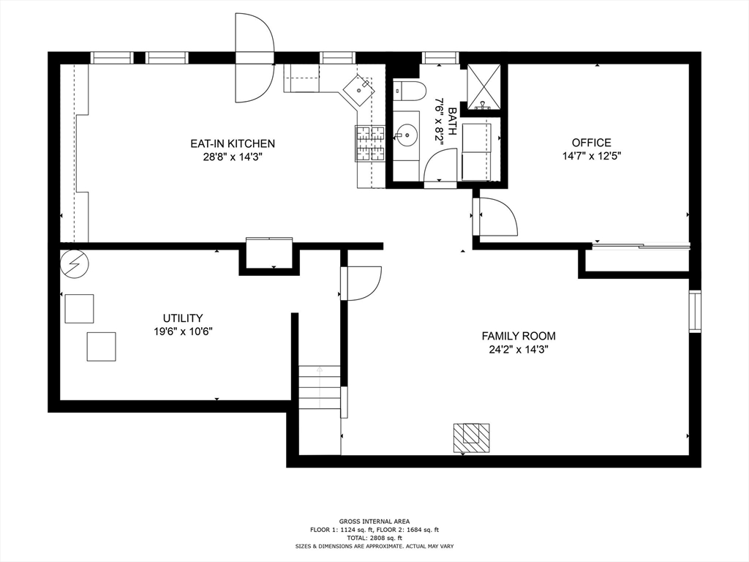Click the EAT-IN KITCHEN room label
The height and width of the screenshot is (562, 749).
[x=233, y=143]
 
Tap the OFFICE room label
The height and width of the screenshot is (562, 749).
[x=591, y=143]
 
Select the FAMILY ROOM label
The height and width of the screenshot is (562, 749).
[x=519, y=336]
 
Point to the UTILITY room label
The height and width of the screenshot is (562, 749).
[x=183, y=318]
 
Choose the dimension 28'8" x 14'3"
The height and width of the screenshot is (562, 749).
[x=233, y=157]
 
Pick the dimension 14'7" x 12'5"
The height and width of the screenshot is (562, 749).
[x=591, y=156]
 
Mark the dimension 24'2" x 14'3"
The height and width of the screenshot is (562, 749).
[x=519, y=349]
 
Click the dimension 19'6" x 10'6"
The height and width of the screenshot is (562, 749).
[x=183, y=331]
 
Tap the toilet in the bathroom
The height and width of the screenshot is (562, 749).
[x=410, y=91]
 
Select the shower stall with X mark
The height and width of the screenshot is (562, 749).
[x=483, y=86]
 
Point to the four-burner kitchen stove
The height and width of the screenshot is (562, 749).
[x=369, y=143]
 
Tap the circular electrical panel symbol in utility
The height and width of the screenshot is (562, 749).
[x=75, y=263]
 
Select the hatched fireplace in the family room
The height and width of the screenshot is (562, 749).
[x=471, y=438]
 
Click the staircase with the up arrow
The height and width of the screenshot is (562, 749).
[x=320, y=387]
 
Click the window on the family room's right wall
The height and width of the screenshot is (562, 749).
[x=695, y=311]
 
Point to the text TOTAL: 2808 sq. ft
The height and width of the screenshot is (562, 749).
[x=374, y=538]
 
